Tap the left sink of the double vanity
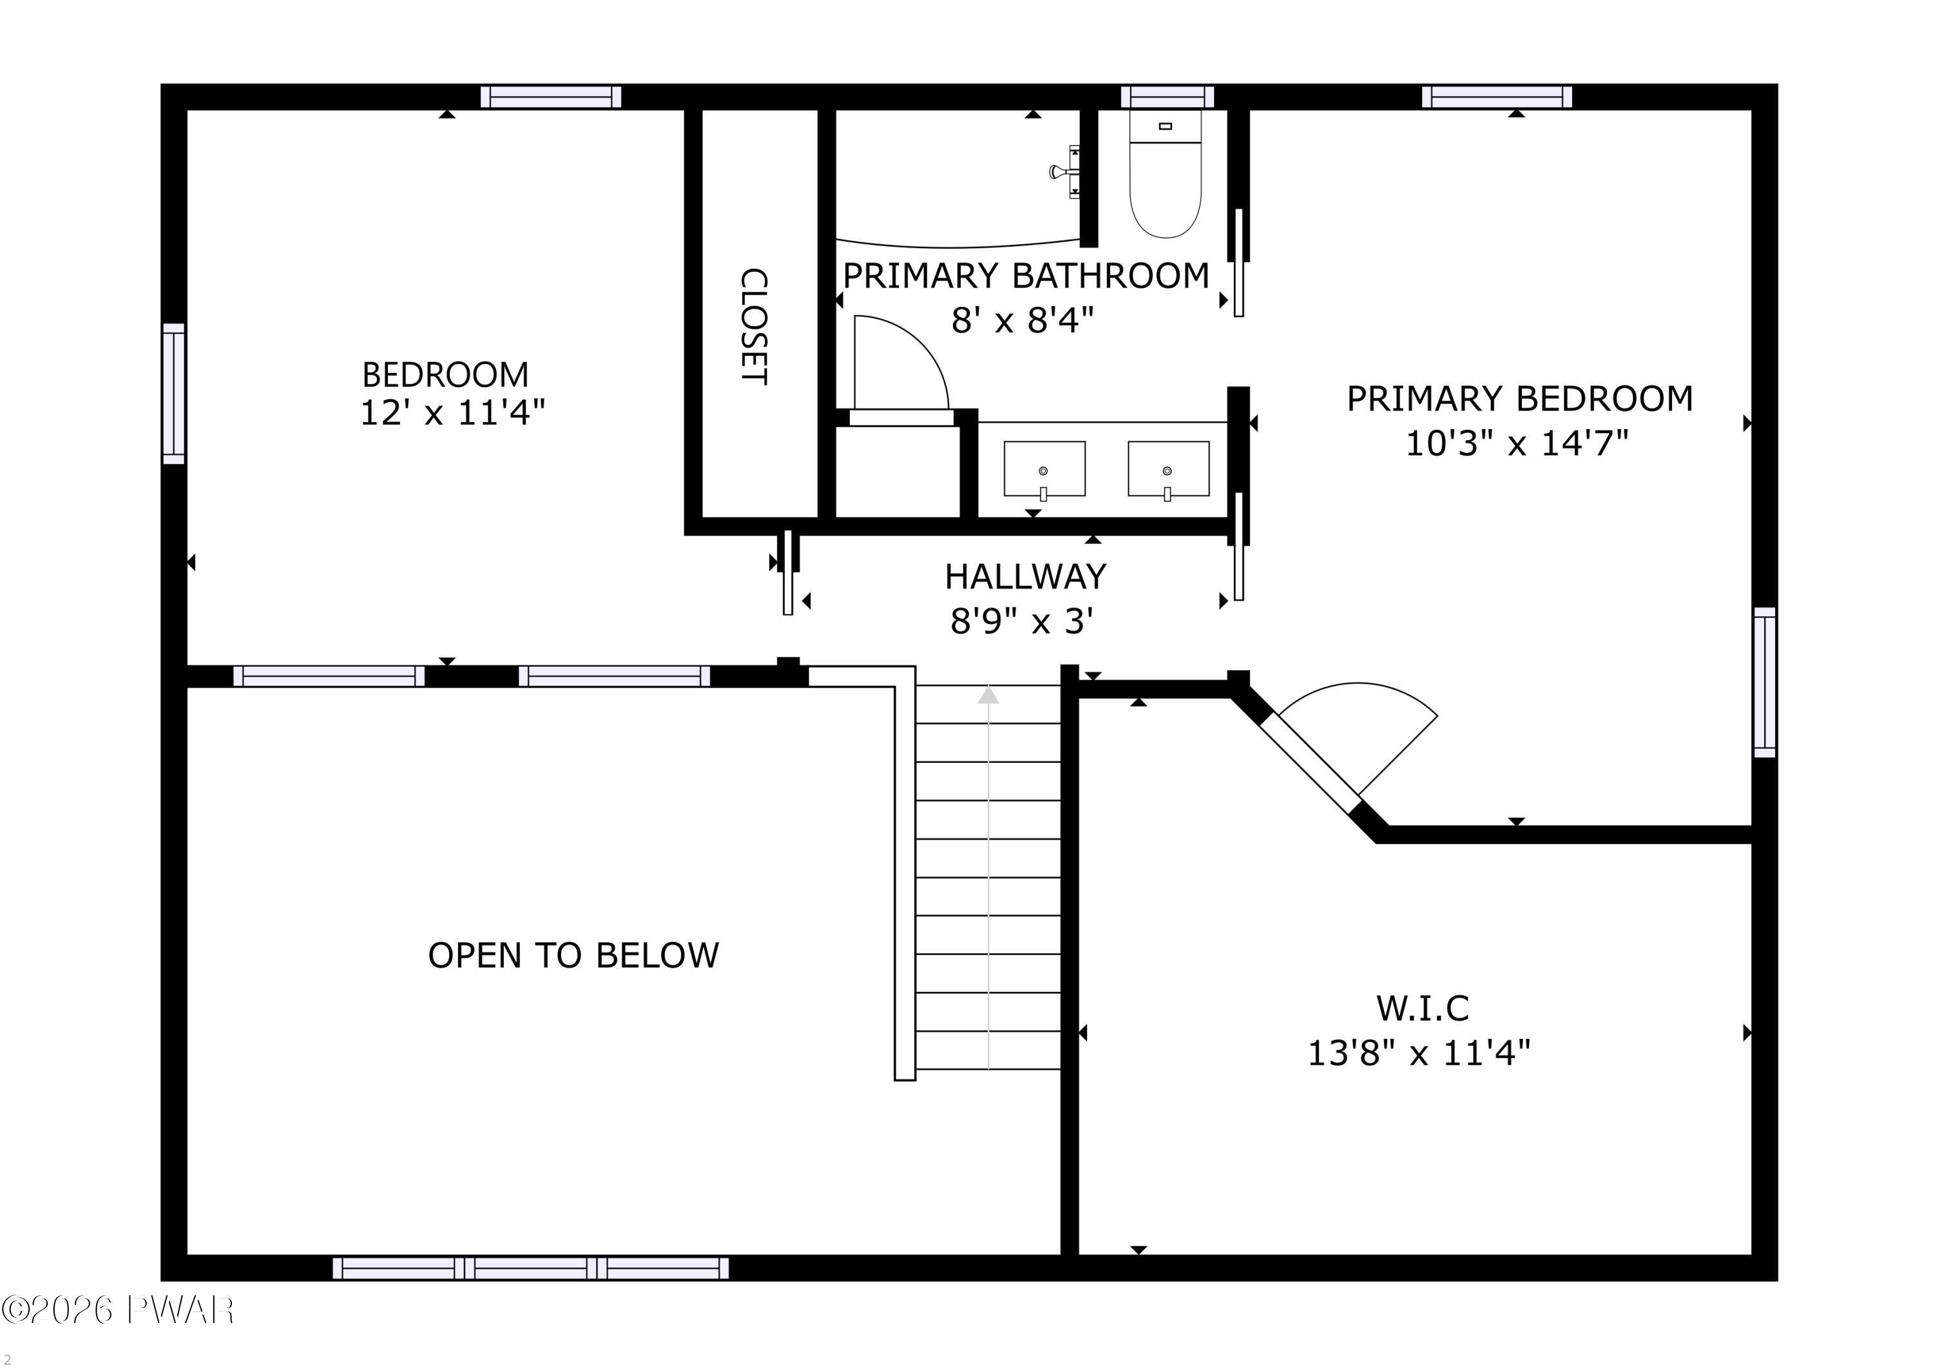pos(1044,469)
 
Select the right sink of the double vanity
pos(1168,469)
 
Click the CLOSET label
pos(754,327)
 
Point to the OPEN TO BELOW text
pos(573,956)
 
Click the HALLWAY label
pos(1025,577)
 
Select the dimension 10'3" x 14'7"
pos(1517,443)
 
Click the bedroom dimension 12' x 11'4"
pos(452,413)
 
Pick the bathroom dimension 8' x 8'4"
pos(1023,321)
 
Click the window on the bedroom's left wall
pos(173,394)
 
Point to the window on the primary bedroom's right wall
pos(1764,682)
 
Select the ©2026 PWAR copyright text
pos(117,1309)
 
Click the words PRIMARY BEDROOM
pos(1519,399)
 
